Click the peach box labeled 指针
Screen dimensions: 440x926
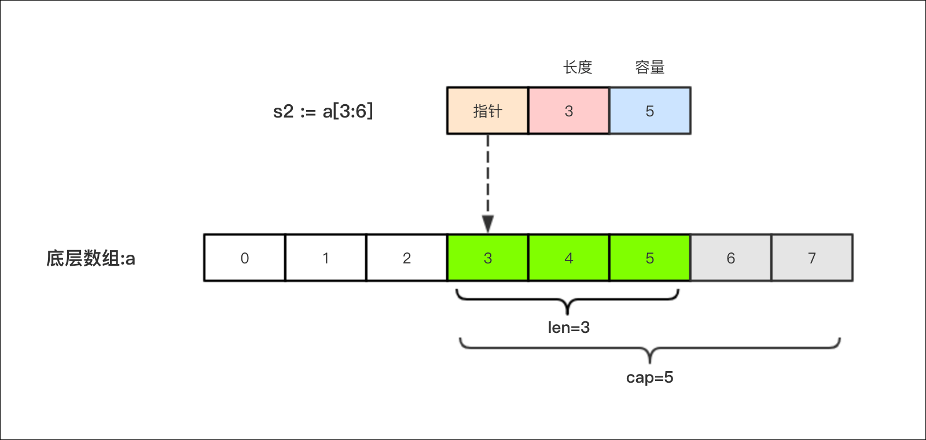point(487,111)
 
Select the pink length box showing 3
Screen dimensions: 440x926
point(568,111)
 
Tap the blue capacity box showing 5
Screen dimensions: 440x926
point(649,111)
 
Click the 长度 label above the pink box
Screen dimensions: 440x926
point(578,67)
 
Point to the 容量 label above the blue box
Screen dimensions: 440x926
point(649,67)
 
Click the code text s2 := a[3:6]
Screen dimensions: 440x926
point(323,111)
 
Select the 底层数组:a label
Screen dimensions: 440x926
point(91,258)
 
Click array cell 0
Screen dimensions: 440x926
point(244,258)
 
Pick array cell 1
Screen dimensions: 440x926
point(325,258)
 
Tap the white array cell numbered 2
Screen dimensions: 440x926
point(406,258)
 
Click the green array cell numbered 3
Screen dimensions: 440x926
point(487,258)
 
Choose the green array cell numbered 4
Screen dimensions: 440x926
point(568,258)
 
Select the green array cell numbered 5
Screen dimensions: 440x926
point(649,258)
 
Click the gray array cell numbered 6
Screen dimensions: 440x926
point(730,258)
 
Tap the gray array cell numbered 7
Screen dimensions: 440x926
point(811,258)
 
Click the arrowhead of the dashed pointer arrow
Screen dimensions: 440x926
point(488,223)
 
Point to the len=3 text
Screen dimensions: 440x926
point(568,328)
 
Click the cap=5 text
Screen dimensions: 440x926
point(649,377)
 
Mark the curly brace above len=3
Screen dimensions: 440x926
point(567,299)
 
